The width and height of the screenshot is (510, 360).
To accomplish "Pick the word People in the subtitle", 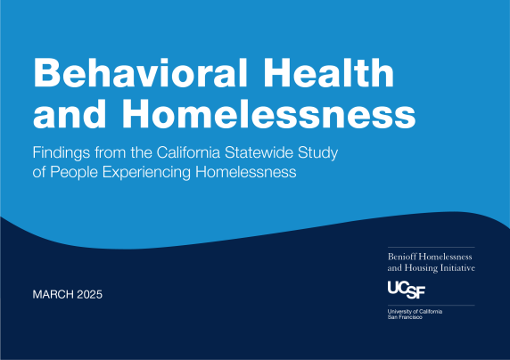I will click(x=81, y=171).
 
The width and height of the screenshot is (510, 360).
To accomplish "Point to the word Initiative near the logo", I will click(x=456, y=267).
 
